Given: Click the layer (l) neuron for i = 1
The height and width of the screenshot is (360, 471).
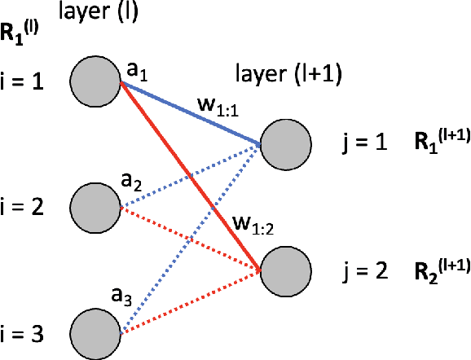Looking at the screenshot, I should pos(95,79).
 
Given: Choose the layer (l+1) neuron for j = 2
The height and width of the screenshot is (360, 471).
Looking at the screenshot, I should pos(286,271).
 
